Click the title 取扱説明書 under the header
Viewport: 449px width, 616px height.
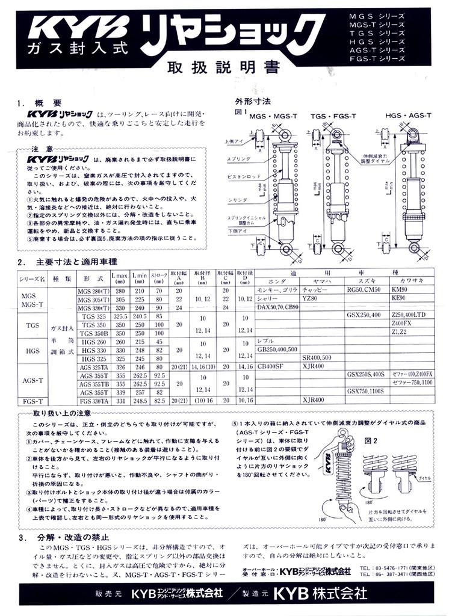[x=223, y=67]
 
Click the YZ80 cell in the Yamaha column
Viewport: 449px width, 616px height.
[x=310, y=298]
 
